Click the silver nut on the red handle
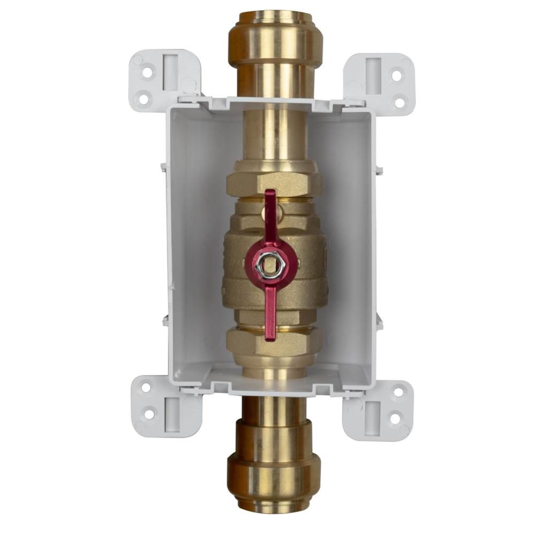pos(266,263)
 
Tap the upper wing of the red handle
pos(270,212)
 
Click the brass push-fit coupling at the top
pos(275,43)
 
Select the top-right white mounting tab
pos(382,80)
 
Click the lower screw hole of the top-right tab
pos(398,100)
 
